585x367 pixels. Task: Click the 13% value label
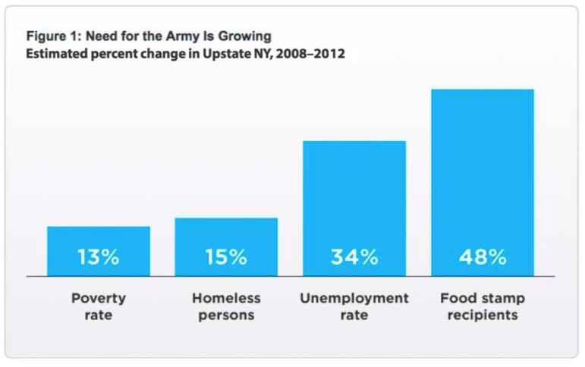click(x=98, y=257)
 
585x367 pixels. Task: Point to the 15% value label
click(x=226, y=257)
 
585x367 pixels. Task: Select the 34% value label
click(x=354, y=257)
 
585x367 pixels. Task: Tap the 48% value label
click(x=482, y=257)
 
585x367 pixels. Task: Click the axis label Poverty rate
click(x=98, y=306)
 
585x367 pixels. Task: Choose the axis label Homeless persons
click(x=226, y=306)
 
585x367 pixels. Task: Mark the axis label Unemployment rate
click(x=354, y=306)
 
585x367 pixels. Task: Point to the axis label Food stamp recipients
click(x=482, y=306)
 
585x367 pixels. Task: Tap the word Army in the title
click(x=182, y=36)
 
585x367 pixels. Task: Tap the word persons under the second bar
click(x=226, y=315)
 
